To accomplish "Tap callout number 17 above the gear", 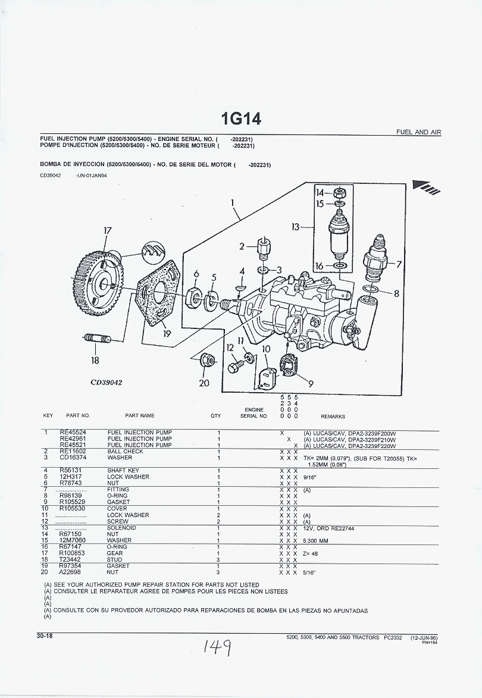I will coord(107,231).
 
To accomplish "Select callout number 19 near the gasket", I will coord(167,333).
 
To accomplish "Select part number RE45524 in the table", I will coord(73,433).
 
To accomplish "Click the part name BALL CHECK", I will coord(125,452).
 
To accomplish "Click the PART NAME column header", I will coord(139,416).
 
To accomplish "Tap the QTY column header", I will coord(215,416).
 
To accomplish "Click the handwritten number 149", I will coord(216,645).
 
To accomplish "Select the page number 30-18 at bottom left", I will coord(45,636).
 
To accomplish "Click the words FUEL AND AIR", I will coord(419,132).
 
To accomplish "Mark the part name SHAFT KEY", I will coord(124,471).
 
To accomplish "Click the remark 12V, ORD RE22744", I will coord(333,528).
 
